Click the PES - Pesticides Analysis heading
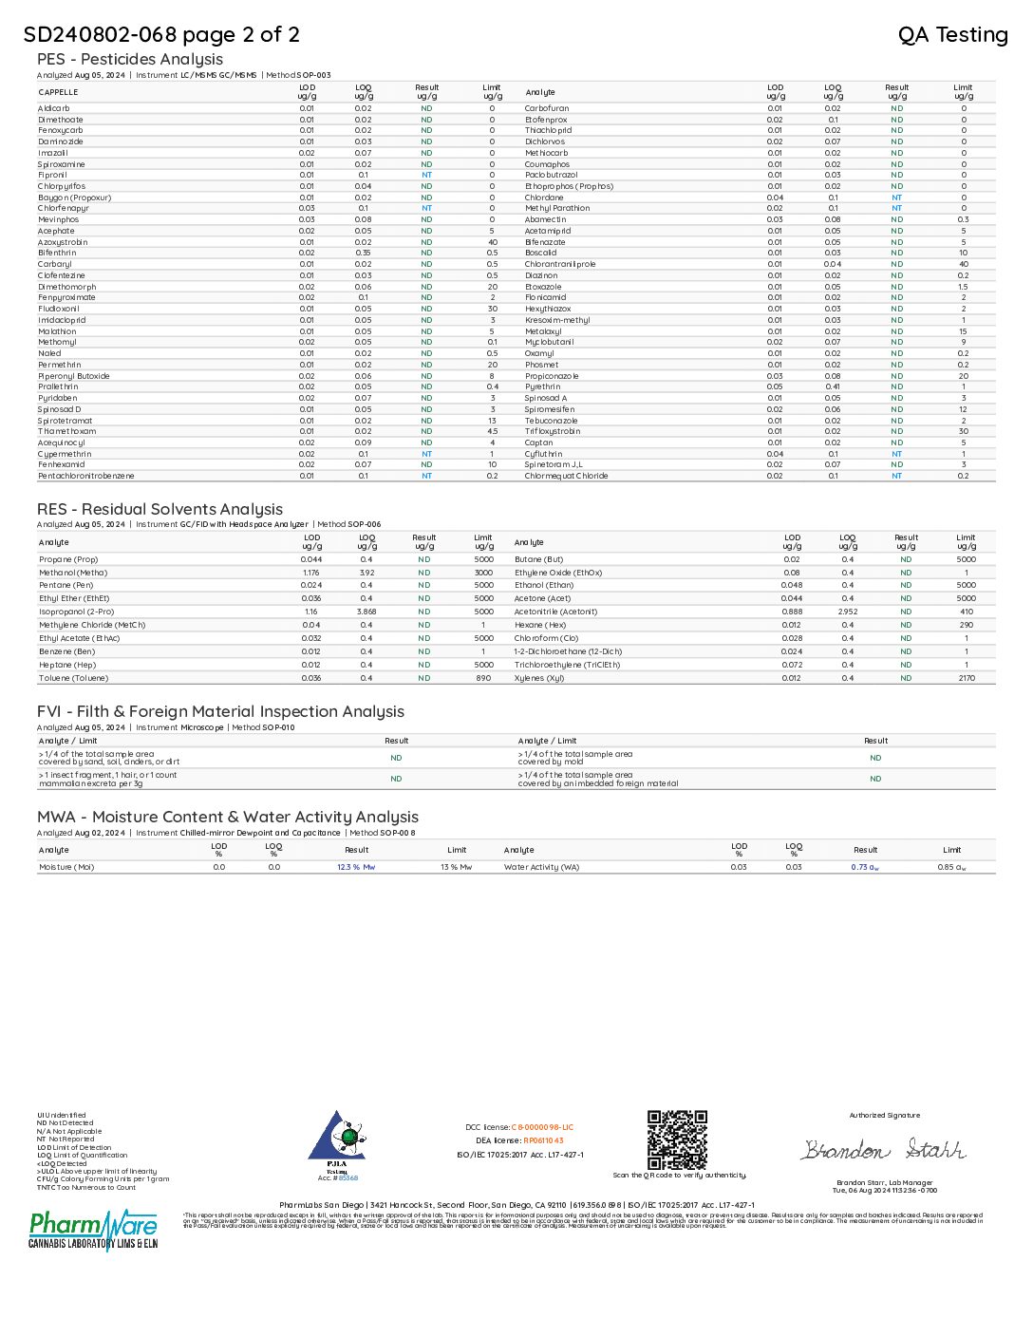pyautogui.click(x=130, y=60)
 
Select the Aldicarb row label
pyautogui.click(x=54, y=108)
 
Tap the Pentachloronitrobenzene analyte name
pyautogui.click(x=86, y=476)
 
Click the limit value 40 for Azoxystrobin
pyautogui.click(x=493, y=242)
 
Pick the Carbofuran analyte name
pyautogui.click(x=547, y=108)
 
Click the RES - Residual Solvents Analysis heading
pyautogui.click(x=160, y=510)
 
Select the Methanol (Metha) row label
pyautogui.click(x=73, y=573)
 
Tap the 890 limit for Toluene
pyautogui.click(x=484, y=678)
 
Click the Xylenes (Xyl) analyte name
pyautogui.click(x=539, y=678)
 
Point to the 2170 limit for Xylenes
pyautogui.click(x=967, y=678)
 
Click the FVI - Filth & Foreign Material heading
pyautogui.click(x=220, y=712)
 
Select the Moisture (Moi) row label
pyautogui.click(x=66, y=867)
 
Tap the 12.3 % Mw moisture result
pyautogui.click(x=356, y=867)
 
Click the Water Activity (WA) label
pyautogui.click(x=541, y=867)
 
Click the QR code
pyautogui.click(x=677, y=1139)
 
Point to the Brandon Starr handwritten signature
pyautogui.click(x=883, y=1150)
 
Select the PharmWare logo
pyautogui.click(x=93, y=1230)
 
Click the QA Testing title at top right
pyautogui.click(x=952, y=35)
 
